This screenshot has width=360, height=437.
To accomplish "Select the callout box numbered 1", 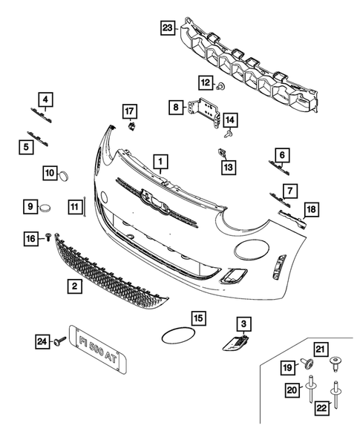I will click(159, 160).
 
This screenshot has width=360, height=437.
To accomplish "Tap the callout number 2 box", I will click(74, 285).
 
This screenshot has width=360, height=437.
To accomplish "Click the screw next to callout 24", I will click(58, 341).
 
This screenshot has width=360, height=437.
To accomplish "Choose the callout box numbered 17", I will click(129, 111).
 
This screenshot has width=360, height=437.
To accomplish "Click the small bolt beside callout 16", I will click(49, 237).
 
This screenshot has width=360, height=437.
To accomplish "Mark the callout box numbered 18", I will click(311, 210).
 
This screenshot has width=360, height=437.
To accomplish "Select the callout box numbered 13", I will click(228, 168).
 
